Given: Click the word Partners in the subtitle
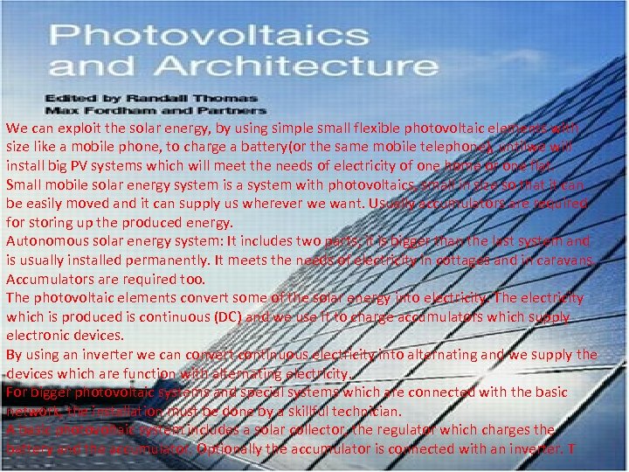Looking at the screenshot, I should pyautogui.click(x=235, y=110).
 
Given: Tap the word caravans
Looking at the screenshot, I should pyautogui.click(x=566, y=260).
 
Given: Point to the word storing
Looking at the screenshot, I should pyautogui.click(x=50, y=222).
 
